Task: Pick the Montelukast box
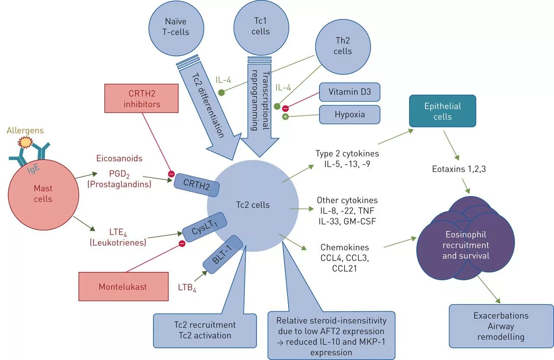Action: [x=123, y=286]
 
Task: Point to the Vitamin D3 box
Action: [x=349, y=92]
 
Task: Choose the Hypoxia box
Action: [x=349, y=115]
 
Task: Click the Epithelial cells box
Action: [x=442, y=111]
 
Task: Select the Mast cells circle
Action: [x=43, y=194]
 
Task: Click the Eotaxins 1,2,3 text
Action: [x=459, y=169]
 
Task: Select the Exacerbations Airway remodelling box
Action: [x=501, y=326]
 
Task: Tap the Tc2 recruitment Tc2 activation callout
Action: [x=205, y=330]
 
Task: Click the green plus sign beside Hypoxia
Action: [x=286, y=117]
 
